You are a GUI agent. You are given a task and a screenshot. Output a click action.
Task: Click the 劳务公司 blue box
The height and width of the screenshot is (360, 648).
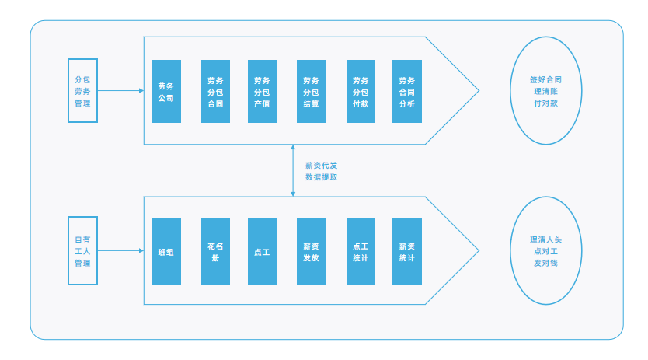(166, 92)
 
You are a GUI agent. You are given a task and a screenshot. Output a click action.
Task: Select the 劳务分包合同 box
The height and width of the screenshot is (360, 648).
(215, 92)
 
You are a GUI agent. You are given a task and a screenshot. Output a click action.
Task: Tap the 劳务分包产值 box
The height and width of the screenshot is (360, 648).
(262, 92)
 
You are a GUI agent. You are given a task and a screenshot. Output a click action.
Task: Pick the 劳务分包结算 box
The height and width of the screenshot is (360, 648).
(312, 92)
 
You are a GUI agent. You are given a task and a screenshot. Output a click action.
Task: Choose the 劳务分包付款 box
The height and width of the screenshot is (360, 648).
(361, 92)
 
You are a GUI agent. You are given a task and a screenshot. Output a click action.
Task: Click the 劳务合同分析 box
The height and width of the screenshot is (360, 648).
(407, 92)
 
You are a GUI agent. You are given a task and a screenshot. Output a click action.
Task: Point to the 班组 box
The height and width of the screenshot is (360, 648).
(166, 252)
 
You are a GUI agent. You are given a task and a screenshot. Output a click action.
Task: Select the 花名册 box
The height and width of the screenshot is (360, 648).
(215, 252)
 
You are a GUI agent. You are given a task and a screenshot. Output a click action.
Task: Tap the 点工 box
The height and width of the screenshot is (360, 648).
(262, 252)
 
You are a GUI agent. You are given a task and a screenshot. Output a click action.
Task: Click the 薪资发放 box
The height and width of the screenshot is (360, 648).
(312, 252)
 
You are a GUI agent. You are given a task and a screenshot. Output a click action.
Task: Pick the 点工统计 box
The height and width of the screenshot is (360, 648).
(361, 252)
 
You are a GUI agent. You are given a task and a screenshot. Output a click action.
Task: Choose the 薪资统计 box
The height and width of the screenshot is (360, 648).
(407, 252)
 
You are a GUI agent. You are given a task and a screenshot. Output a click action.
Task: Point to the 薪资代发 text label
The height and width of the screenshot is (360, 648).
(322, 166)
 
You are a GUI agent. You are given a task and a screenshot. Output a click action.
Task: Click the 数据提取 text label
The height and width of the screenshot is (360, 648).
(322, 177)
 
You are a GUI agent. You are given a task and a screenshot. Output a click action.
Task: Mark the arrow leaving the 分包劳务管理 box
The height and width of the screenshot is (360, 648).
(120, 91)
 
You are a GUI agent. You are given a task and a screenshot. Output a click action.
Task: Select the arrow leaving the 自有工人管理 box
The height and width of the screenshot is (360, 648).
(120, 251)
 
